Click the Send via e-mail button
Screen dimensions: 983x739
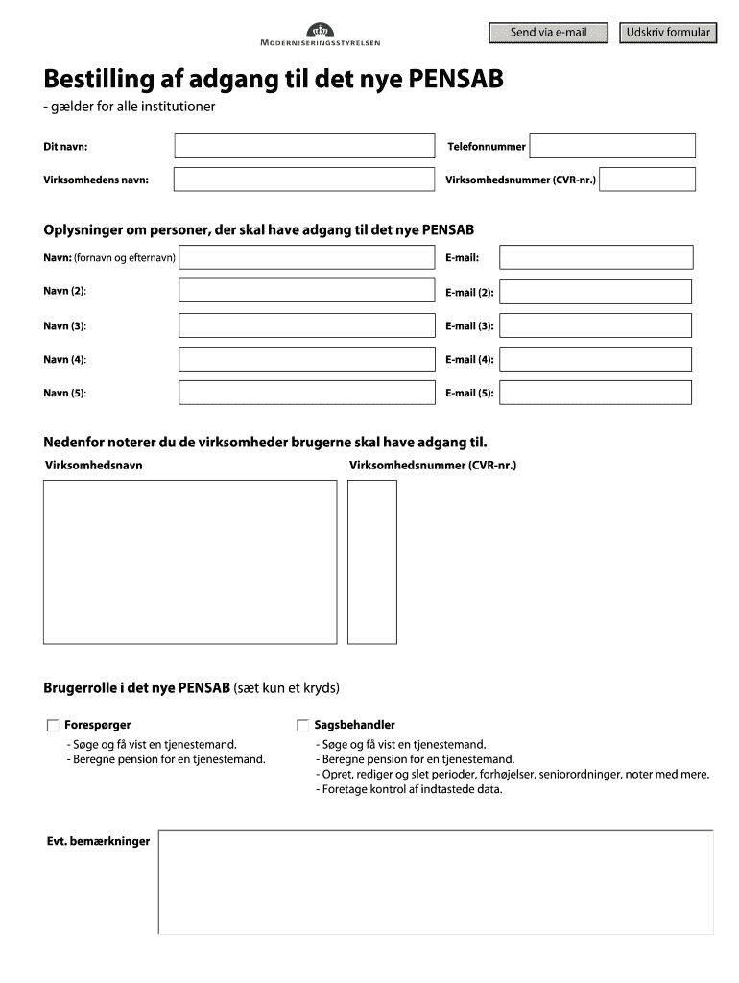coord(549,33)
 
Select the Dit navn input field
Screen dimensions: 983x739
coord(303,146)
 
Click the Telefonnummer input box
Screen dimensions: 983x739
coord(612,146)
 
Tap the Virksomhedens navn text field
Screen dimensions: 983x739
coord(303,180)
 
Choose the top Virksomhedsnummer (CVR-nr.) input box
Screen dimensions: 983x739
coord(647,180)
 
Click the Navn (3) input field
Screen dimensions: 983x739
coord(307,325)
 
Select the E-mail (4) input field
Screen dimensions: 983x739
coord(596,359)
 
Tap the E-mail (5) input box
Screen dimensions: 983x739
coord(596,393)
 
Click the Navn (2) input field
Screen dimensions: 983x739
coord(307,291)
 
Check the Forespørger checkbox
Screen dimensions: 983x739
coord(52,726)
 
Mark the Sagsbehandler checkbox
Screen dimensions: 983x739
coord(303,726)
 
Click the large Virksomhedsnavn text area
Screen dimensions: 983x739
coord(190,562)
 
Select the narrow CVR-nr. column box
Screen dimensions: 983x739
coord(371,562)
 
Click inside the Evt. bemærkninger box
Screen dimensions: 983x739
coord(436,881)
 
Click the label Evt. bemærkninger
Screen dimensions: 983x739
coord(98,841)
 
